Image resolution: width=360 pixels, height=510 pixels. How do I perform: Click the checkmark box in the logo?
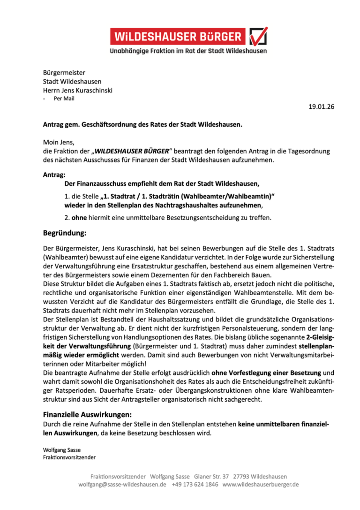click(x=258, y=37)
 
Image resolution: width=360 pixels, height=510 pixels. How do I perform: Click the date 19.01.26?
click(x=321, y=107)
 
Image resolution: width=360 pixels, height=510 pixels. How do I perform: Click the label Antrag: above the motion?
click(x=54, y=175)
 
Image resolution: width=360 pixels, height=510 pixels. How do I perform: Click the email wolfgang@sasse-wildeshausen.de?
click(x=122, y=484)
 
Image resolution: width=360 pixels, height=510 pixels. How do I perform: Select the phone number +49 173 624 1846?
click(x=195, y=484)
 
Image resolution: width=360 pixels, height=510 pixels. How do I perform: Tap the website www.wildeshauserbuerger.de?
click(x=261, y=484)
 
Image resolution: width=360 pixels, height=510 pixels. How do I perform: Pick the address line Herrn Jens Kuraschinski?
click(x=78, y=90)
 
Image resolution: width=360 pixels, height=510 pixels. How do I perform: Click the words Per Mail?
click(x=64, y=99)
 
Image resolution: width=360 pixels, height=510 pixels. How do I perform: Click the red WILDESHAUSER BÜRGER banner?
click(x=178, y=37)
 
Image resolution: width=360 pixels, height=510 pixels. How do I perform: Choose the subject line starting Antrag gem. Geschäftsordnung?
click(x=143, y=125)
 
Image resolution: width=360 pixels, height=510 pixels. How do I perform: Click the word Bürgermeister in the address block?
click(x=64, y=73)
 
